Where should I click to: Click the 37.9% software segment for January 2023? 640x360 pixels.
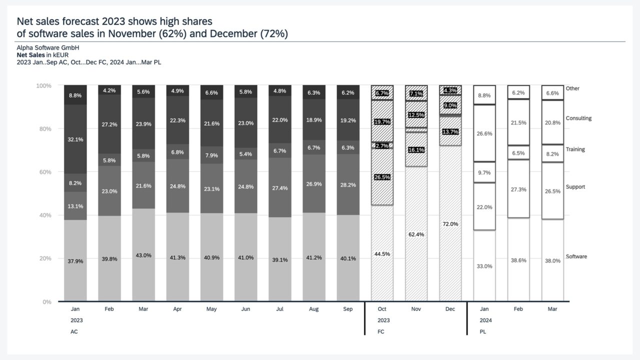click(75, 260)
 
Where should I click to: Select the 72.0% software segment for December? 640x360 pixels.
click(450, 224)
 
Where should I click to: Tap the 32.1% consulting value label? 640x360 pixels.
click(75, 139)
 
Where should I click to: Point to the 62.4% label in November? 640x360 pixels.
click(416, 234)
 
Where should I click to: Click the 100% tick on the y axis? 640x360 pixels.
click(44, 86)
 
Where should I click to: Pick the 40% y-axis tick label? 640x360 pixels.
click(45, 215)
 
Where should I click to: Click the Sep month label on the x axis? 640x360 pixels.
click(348, 309)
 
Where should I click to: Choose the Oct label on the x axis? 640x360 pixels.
click(382, 309)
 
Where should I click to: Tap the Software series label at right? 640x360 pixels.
click(576, 256)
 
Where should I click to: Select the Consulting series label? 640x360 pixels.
click(578, 118)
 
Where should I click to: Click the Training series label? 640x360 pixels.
click(575, 149)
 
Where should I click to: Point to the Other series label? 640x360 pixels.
click(572, 88)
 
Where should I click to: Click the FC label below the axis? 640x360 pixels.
click(381, 331)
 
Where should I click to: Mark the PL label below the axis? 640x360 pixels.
click(483, 331)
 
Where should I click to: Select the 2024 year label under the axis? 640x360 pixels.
click(485, 320)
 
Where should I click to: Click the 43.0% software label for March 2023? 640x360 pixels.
click(143, 255)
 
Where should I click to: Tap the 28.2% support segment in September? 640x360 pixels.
click(348, 184)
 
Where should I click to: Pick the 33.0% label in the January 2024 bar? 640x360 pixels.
click(484, 266)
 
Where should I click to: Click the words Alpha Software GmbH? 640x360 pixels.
click(48, 47)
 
